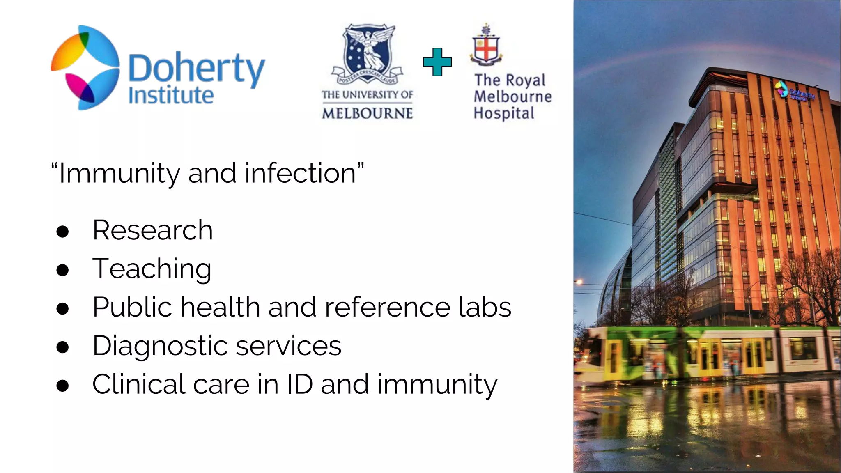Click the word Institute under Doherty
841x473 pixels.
click(x=171, y=96)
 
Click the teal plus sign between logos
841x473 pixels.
click(x=437, y=62)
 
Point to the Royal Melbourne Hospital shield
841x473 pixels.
click(x=487, y=47)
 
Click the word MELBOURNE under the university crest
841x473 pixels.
click(x=367, y=113)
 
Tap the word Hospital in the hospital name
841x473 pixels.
click(x=504, y=113)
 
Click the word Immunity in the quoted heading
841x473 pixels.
click(x=119, y=173)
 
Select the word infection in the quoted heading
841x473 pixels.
click(x=301, y=173)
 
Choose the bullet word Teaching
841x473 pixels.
click(x=152, y=269)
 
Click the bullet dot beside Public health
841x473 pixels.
click(x=62, y=308)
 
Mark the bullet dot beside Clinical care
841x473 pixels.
click(x=62, y=386)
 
